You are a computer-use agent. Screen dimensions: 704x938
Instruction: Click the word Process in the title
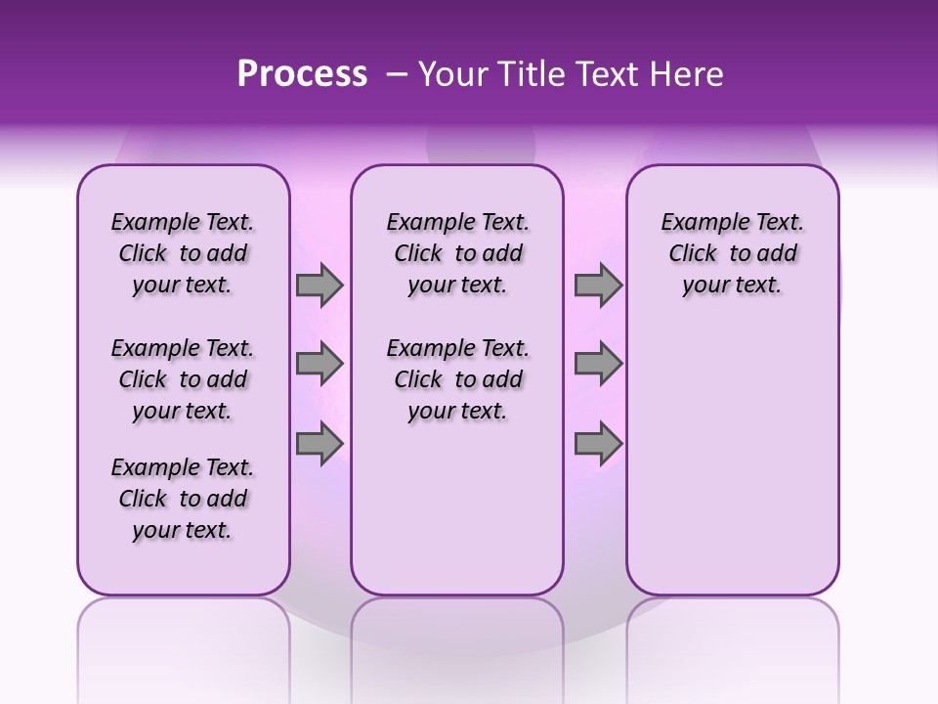pos(302,74)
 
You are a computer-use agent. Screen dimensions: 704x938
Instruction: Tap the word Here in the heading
pos(688,74)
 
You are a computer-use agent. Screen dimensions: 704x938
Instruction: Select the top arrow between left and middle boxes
pos(320,286)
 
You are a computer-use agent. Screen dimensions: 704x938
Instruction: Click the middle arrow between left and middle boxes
pos(320,365)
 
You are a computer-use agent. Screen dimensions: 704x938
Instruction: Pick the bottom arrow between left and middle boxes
pos(320,444)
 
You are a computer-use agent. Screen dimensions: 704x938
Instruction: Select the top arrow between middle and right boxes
pos(598,286)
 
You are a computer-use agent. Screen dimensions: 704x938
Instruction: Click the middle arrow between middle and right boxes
pos(598,365)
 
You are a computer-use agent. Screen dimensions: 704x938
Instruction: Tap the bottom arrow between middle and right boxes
pos(598,444)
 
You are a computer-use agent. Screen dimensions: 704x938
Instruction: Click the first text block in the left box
pos(183,253)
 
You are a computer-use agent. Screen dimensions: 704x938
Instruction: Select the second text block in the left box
pos(183,379)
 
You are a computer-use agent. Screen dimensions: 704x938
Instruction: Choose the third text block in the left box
pos(183,499)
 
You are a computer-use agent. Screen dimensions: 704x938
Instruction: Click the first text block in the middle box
pos(457,253)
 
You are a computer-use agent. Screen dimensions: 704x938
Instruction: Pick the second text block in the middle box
pos(457,379)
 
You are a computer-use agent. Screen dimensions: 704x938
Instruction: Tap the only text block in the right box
pos(732,253)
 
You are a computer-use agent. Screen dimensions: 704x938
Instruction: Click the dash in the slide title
pos(397,75)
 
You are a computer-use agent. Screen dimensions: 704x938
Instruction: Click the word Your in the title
pos(452,74)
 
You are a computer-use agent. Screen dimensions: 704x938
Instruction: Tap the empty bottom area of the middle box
pos(457,518)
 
